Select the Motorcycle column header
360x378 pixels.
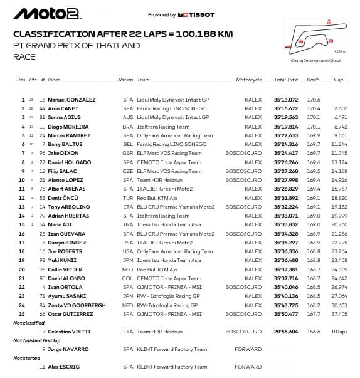pos(249,80)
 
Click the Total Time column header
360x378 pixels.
pos(286,80)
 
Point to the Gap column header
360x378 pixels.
pos(339,80)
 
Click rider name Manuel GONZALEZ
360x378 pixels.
pos(71,100)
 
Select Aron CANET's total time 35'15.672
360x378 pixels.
pos(286,108)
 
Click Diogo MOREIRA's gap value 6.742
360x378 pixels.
pos(341,126)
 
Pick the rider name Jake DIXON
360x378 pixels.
pos(61,153)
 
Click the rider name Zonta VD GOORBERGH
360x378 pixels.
pos(75,305)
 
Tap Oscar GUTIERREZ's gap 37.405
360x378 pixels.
pos(339,313)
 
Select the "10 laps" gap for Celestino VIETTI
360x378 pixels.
pos(339,332)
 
